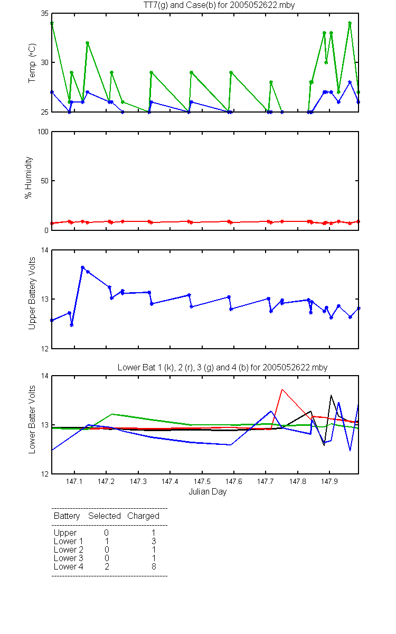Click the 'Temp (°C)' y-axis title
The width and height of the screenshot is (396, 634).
point(32,63)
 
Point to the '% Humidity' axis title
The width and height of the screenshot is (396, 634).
point(29,178)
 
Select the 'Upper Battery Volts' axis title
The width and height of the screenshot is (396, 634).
point(32,293)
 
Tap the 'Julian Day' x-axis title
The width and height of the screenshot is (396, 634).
point(208,492)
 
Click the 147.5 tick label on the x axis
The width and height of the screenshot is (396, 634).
point(202,481)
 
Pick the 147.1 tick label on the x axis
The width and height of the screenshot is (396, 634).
point(74,481)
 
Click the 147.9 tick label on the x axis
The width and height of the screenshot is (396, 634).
point(329,481)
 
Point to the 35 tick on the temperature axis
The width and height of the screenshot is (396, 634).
point(45,13)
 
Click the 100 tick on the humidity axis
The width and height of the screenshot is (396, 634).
point(43,132)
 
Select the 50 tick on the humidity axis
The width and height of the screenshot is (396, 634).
point(45,181)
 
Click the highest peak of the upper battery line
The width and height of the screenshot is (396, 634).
point(82,267)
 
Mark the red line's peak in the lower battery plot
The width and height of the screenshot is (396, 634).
point(282,390)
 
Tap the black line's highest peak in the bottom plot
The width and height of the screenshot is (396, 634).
point(331,395)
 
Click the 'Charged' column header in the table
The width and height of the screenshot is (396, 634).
point(143,516)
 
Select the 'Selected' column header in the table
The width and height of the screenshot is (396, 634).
point(105,516)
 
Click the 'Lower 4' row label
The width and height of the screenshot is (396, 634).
point(69,566)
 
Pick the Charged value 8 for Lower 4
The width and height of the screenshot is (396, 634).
point(154,566)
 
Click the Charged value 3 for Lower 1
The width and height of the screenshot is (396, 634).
point(154,541)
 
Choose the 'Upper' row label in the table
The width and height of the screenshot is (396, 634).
point(65,533)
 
